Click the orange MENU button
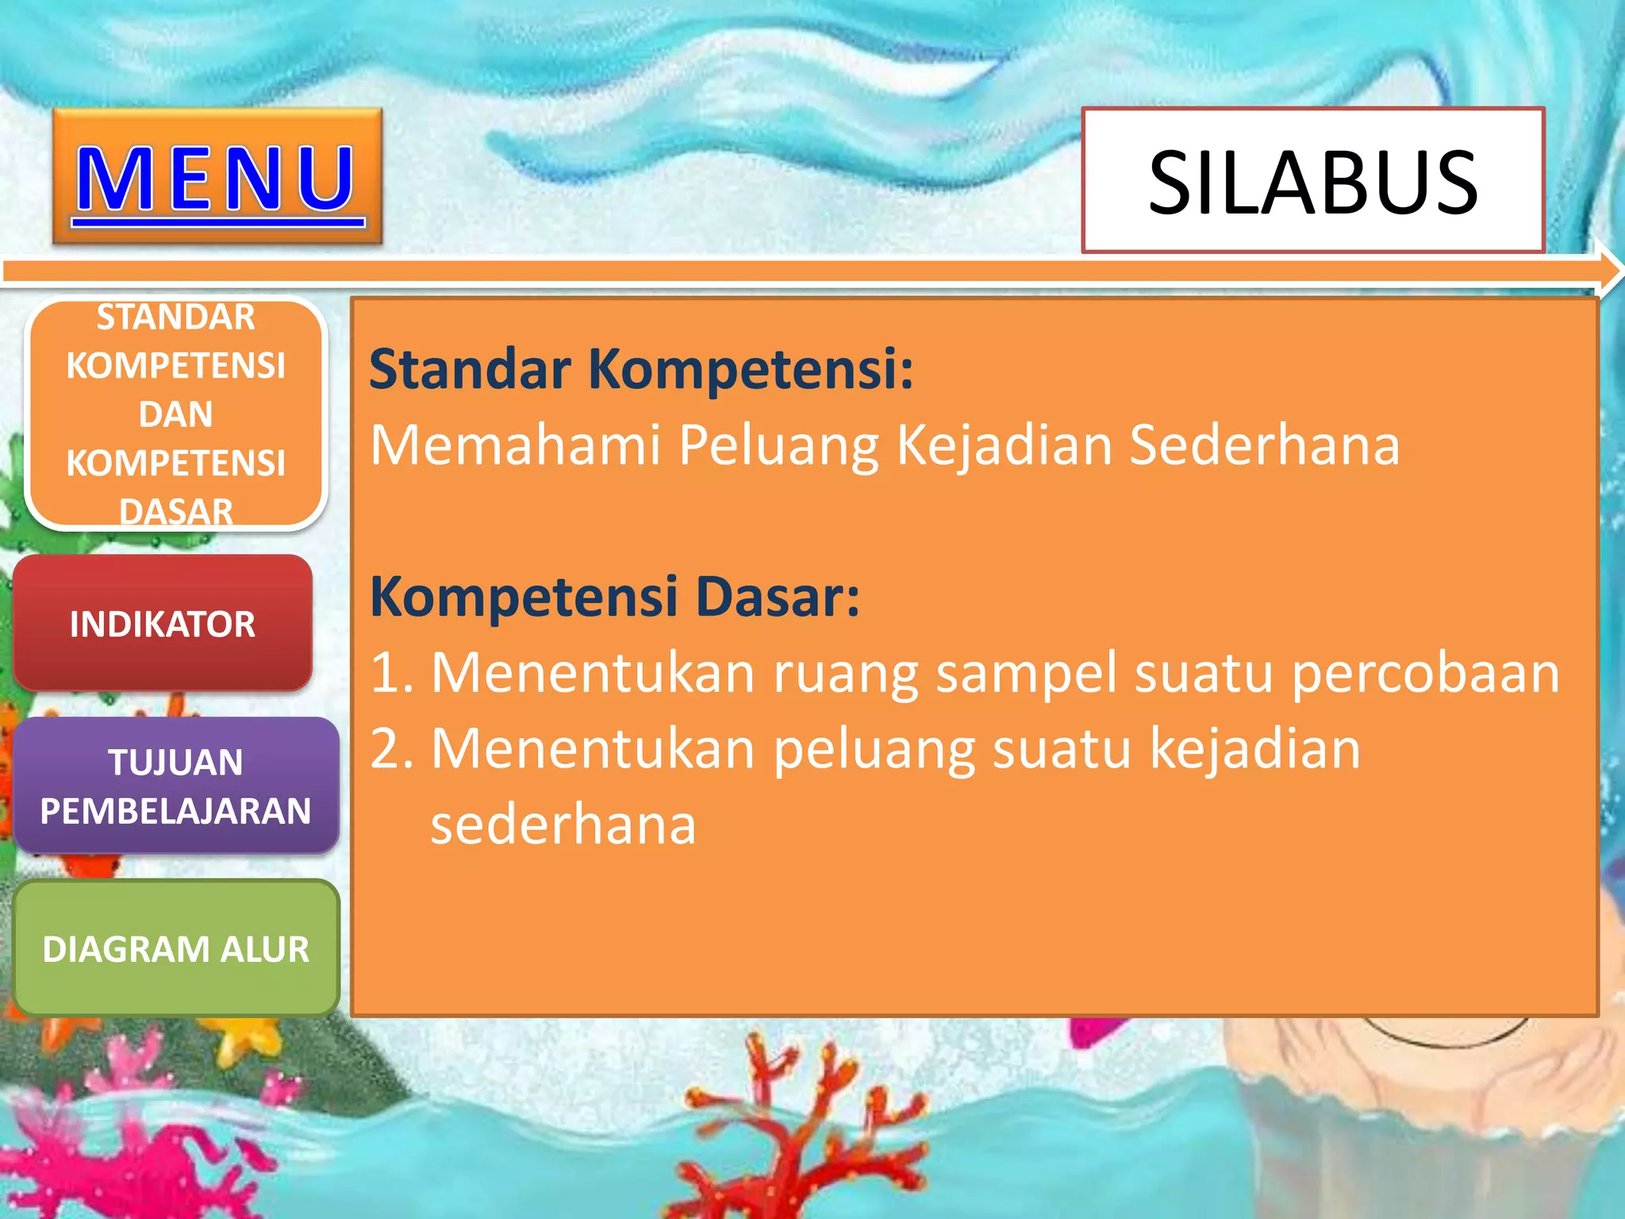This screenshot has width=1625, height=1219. tap(217, 176)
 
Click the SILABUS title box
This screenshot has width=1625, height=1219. tap(1312, 181)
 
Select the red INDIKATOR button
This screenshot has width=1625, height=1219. tap(163, 624)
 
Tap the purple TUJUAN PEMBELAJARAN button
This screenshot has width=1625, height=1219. tap(175, 786)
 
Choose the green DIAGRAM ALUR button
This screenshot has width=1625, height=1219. tap(175, 948)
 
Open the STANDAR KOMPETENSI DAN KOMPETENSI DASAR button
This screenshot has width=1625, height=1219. tap(175, 413)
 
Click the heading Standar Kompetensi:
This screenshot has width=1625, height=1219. tap(641, 370)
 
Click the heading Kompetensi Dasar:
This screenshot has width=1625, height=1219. tap(615, 597)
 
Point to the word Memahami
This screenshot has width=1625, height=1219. tap(516, 444)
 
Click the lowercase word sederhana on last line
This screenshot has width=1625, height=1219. tap(563, 825)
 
